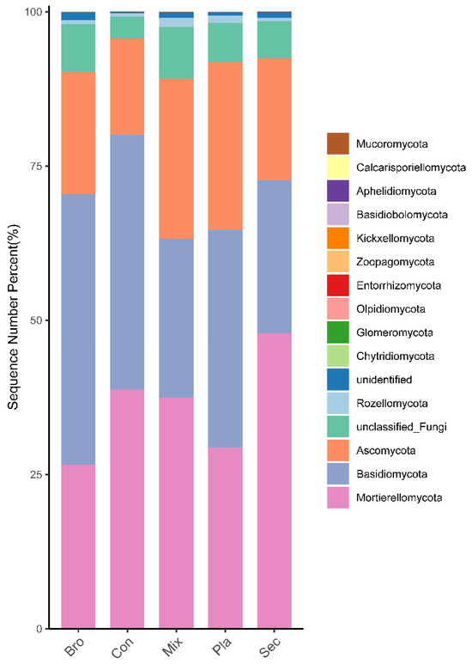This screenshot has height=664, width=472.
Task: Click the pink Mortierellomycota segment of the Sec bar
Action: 275,481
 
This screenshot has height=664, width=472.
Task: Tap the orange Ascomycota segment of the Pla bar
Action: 226,146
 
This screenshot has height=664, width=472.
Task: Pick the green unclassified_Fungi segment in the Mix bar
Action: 176,53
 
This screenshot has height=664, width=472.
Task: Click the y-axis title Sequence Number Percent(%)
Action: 15,320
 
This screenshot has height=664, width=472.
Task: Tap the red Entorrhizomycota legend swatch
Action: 338,285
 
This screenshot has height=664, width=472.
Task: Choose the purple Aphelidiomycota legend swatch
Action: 338,191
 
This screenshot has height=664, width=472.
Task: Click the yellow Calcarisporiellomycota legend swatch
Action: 338,167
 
